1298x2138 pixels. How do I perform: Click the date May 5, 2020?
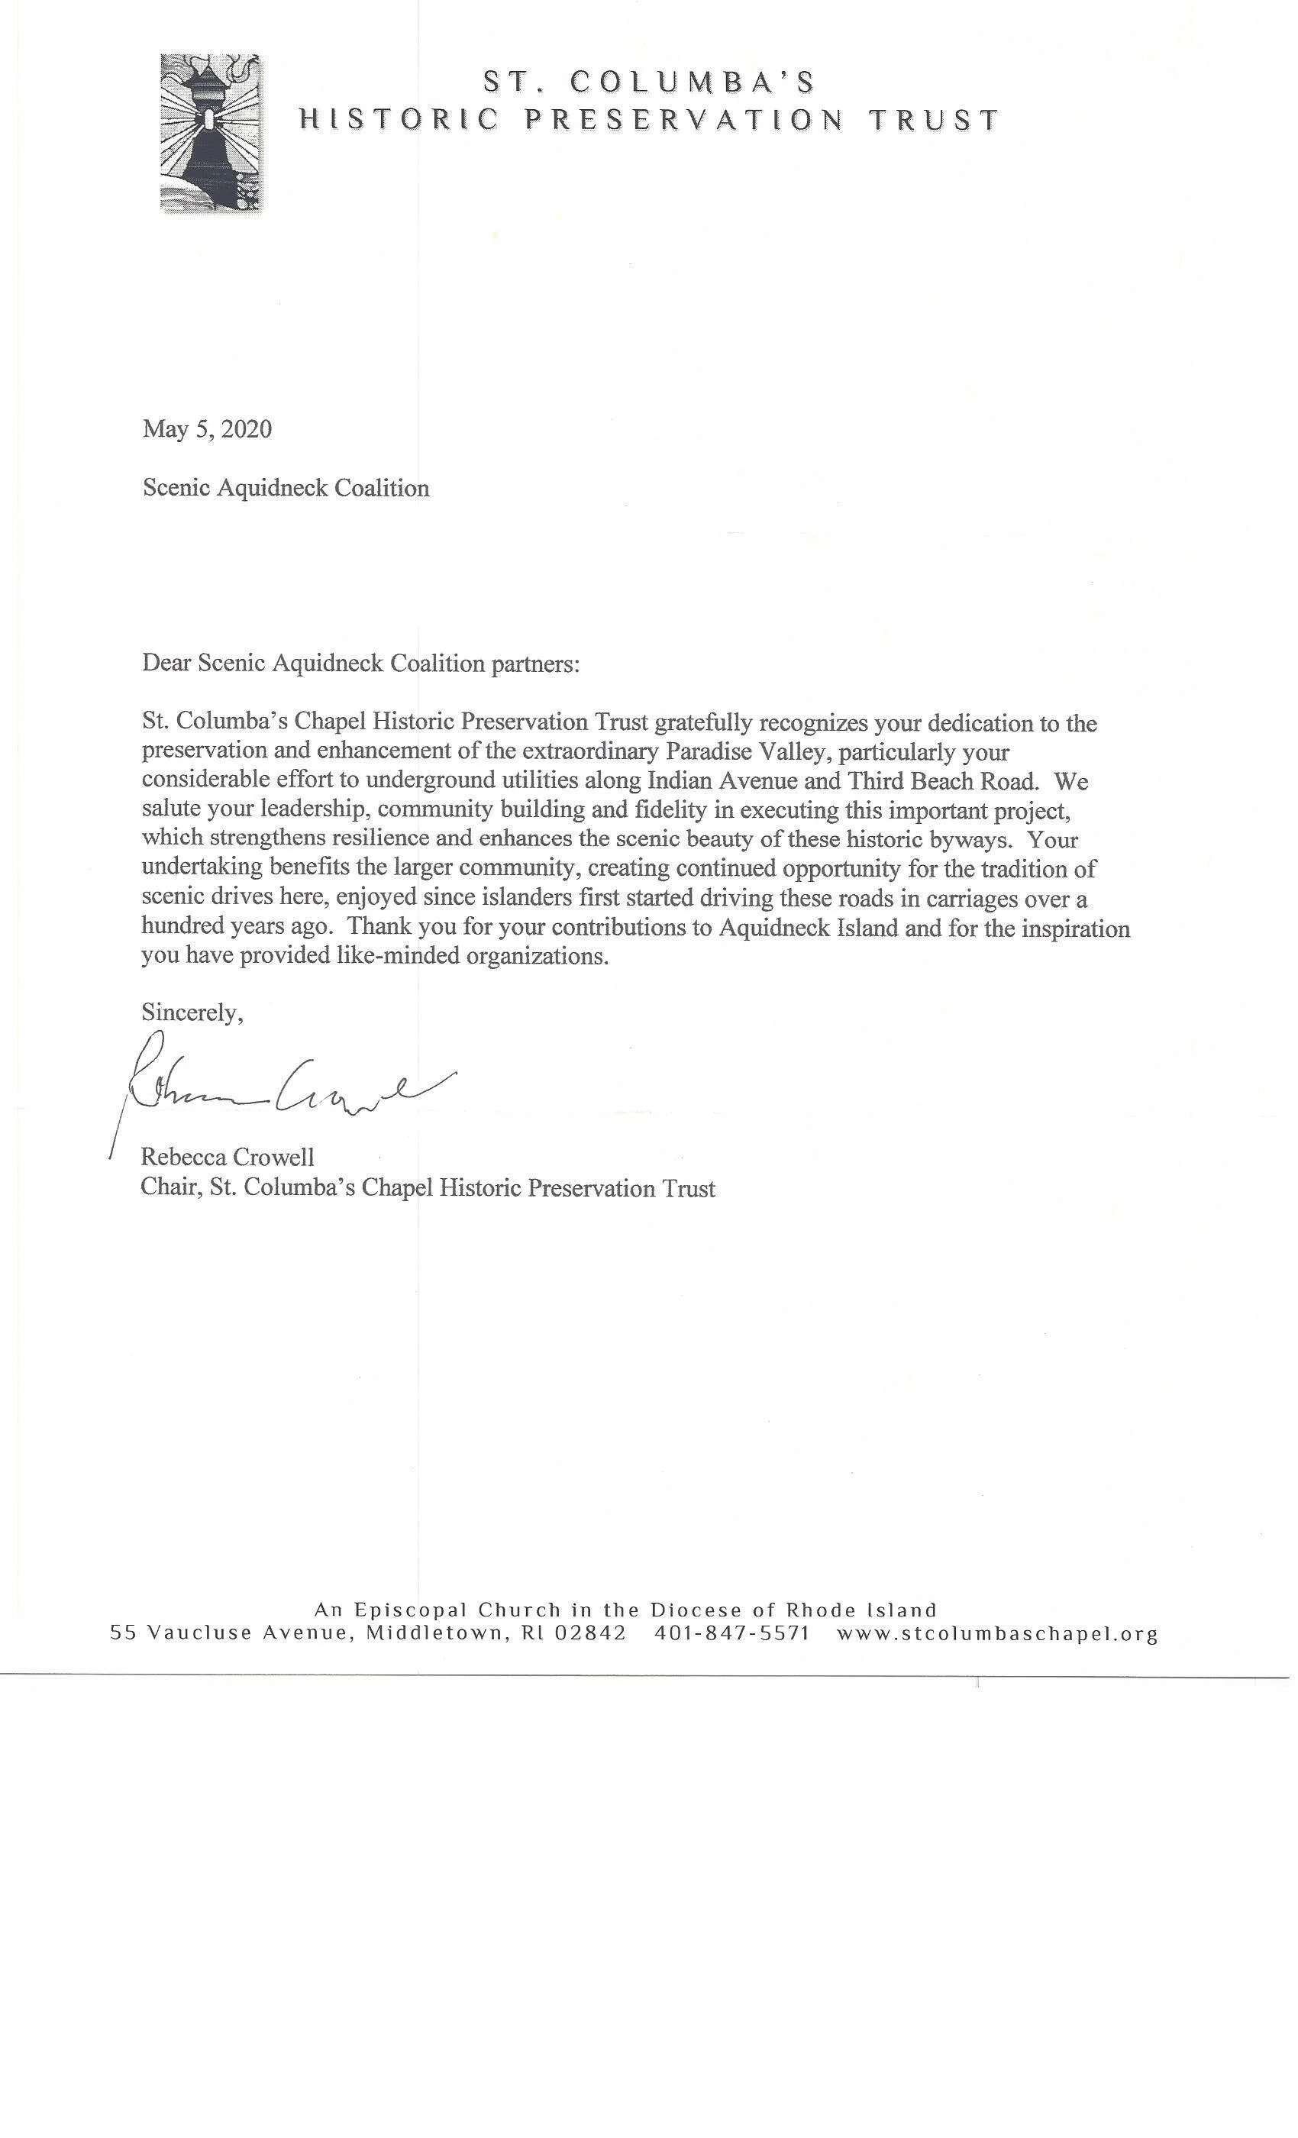coord(208,428)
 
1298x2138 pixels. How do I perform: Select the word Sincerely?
coord(192,1012)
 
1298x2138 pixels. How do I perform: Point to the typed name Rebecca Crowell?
coord(228,1157)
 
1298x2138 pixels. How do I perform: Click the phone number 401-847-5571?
coord(732,1633)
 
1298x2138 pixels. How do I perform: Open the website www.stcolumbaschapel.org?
coord(997,1634)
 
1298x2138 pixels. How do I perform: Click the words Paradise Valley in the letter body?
coord(741,751)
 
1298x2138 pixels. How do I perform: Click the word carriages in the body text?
coord(986,898)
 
